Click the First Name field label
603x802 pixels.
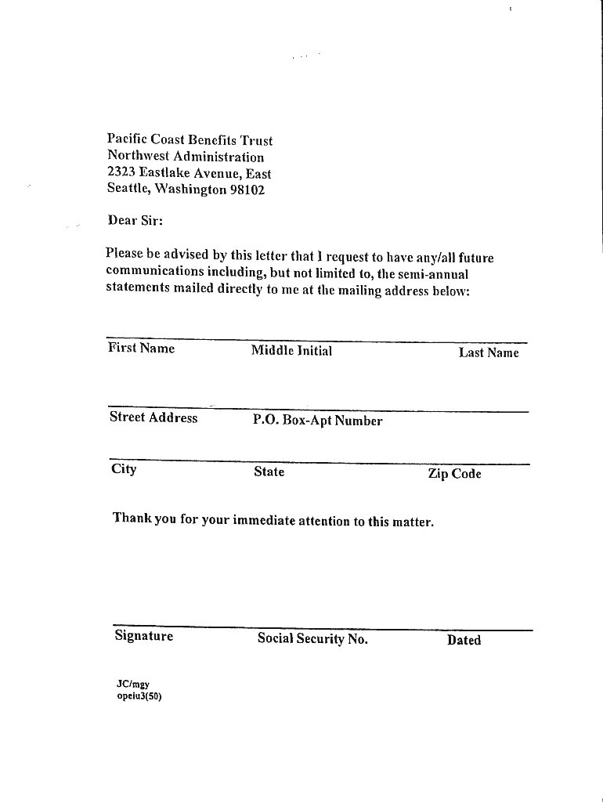141,349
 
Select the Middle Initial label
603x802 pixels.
291,351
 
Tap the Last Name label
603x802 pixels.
489,353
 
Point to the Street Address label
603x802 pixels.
153,417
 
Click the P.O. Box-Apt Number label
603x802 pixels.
317,421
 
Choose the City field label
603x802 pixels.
124,469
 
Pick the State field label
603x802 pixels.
269,472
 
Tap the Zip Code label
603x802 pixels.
454,474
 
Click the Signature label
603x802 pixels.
143,636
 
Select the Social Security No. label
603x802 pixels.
312,639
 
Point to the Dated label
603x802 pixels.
464,641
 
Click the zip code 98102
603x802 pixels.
247,190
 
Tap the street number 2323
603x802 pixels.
121,173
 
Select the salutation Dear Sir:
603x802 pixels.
135,220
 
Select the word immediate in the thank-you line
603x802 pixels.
264,520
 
